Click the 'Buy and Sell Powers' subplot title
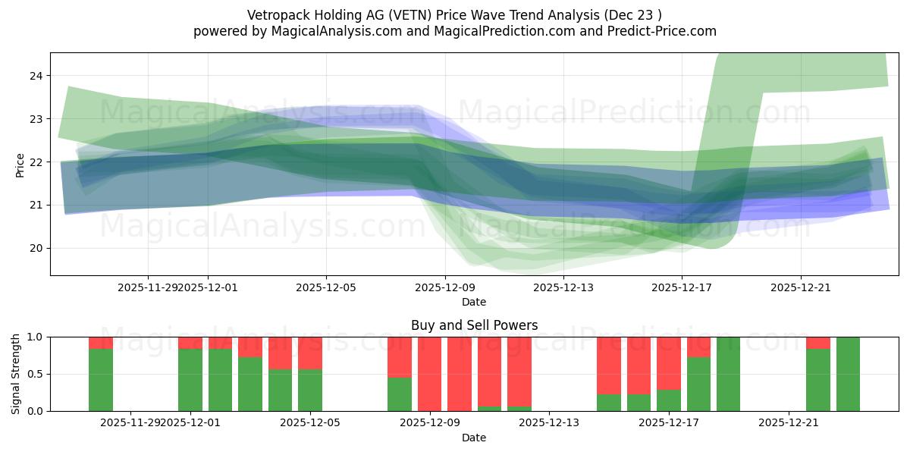tap(474, 325)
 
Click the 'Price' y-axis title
tap(20, 164)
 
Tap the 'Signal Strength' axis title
tap(16, 374)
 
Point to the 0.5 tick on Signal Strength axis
tap(35, 374)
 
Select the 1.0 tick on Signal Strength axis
tap(35, 337)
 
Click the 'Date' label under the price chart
tap(474, 302)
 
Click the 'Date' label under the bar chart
tap(474, 438)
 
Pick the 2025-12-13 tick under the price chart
tap(563, 287)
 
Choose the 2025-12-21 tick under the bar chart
tap(789, 422)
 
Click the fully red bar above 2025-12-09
tap(430, 374)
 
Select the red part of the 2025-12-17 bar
tap(669, 362)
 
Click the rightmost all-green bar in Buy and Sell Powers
tap(848, 374)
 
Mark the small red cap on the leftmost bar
tap(101, 343)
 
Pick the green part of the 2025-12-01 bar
tap(190, 380)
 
